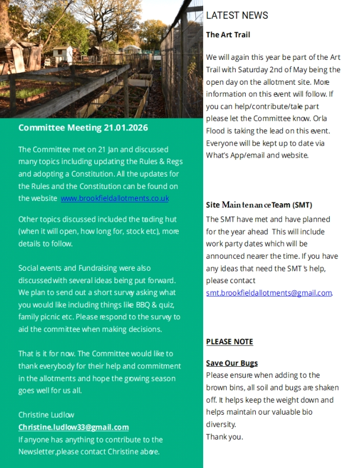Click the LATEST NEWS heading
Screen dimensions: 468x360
coord(237,15)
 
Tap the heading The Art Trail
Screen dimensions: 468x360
coord(228,35)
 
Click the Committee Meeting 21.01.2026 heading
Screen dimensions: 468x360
coord(83,127)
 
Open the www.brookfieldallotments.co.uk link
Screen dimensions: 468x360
coord(115,198)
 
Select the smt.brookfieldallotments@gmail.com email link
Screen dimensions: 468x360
coord(269,293)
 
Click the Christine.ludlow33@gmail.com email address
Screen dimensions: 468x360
coord(73,427)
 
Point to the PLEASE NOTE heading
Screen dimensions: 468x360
coord(229,342)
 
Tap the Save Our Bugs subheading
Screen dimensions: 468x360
coord(232,363)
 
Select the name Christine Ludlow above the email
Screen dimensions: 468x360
coord(46,415)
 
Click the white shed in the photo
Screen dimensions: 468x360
coord(62,53)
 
